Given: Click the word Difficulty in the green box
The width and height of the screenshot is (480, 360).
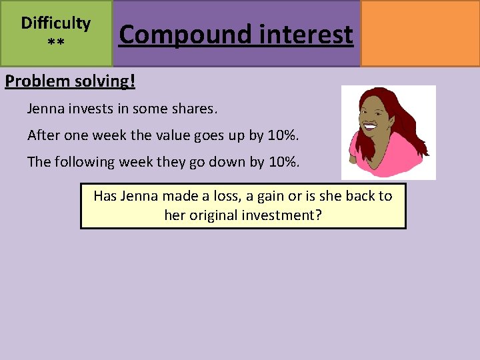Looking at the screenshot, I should point(56,23).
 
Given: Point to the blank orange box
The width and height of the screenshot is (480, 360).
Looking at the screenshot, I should point(420,33).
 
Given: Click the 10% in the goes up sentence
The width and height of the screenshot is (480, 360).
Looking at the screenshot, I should point(283,135).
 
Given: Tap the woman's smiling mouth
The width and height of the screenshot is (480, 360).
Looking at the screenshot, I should point(370,125).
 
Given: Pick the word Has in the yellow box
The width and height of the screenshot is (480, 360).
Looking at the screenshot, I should point(105,196).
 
